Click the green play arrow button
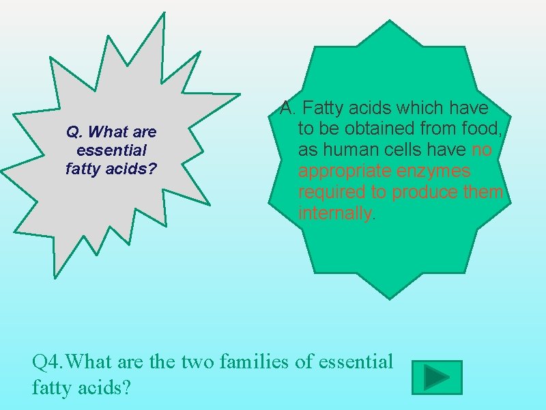tap(437, 377)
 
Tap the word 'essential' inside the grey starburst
tap(113, 149)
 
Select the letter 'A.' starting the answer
tap(289, 108)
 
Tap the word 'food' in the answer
tap(483, 128)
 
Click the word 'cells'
tap(409, 150)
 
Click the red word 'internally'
tap(334, 213)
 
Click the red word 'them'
tap(482, 192)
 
